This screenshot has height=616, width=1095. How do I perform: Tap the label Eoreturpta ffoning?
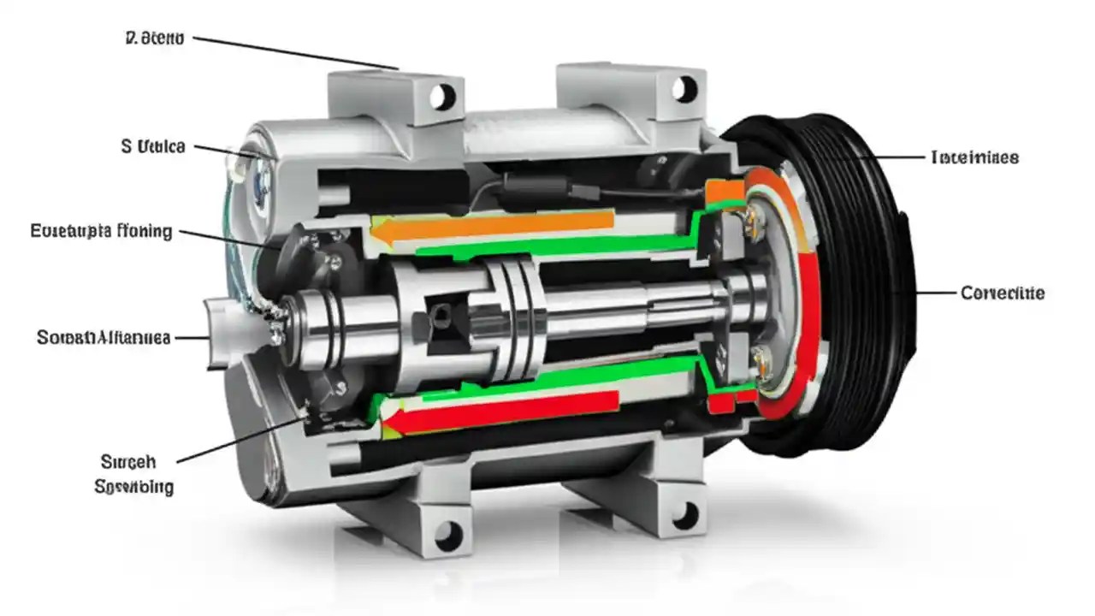[x=101, y=231]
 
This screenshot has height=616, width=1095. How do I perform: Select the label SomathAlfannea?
[x=104, y=337]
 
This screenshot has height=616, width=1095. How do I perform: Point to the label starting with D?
[x=154, y=39]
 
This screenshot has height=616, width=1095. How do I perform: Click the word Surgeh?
[x=128, y=462]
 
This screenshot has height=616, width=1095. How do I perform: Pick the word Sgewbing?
[x=133, y=487]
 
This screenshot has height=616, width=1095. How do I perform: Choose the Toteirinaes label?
[x=974, y=157]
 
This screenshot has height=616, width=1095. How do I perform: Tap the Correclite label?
[x=1002, y=293]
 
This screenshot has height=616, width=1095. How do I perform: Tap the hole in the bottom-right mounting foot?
[x=684, y=515]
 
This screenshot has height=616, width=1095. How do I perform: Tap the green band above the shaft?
[x=556, y=245]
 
